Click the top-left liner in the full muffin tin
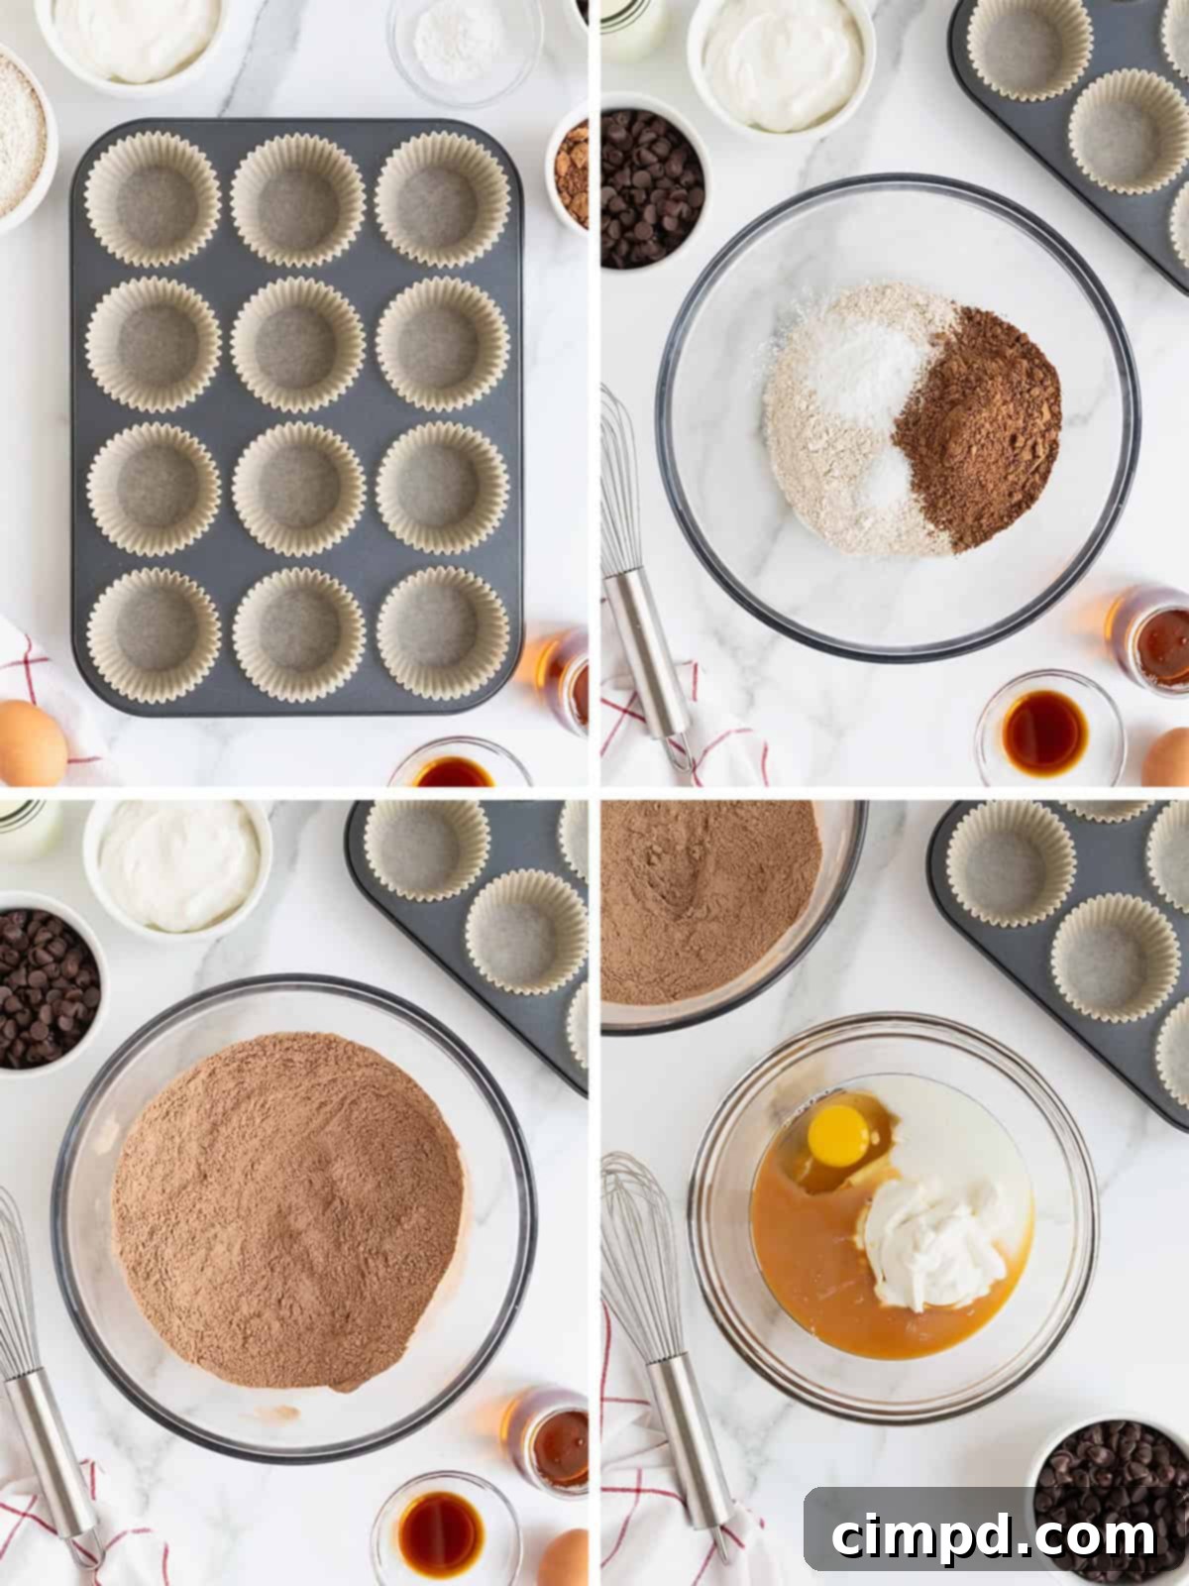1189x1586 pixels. pos(152,198)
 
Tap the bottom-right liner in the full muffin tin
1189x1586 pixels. pos(442,632)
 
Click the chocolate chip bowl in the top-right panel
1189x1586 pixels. pos(649,188)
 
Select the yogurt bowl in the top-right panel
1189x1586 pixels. pos(783,64)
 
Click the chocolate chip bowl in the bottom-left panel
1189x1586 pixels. pos(45,986)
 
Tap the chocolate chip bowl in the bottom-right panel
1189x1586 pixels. pos(1110,1487)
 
